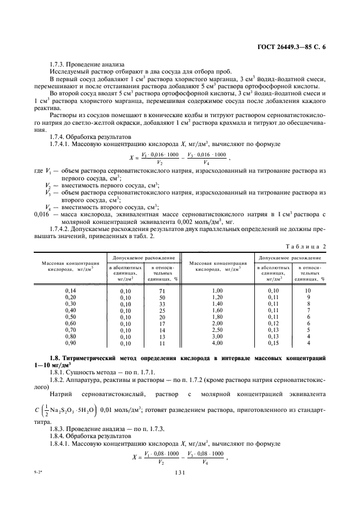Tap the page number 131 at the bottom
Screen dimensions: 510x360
click(x=180, y=473)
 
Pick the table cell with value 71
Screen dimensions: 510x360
click(x=162, y=291)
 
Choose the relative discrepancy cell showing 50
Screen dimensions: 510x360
click(x=162, y=297)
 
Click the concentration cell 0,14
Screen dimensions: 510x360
click(x=70, y=291)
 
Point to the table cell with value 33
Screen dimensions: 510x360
click(x=162, y=304)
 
